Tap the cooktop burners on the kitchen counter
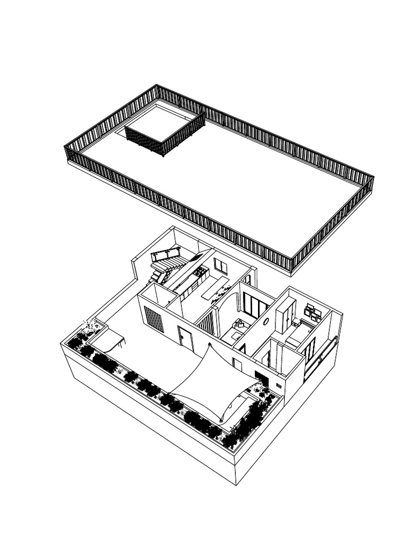[201, 272]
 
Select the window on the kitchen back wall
[220, 266]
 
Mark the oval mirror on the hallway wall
[266, 321]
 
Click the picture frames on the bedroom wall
[312, 313]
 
